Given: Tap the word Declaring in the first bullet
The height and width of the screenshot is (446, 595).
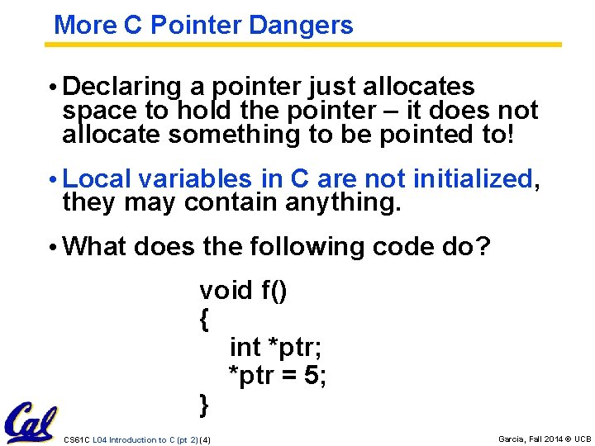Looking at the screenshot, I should click(x=121, y=87).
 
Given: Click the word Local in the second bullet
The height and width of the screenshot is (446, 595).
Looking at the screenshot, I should click(x=98, y=178).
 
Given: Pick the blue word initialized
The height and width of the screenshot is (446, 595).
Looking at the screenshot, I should click(x=474, y=178).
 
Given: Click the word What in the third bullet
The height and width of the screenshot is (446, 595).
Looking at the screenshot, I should click(x=94, y=246).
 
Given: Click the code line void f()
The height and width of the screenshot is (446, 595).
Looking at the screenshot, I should click(x=244, y=291).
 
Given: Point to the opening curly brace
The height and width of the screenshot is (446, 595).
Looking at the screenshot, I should click(x=204, y=320).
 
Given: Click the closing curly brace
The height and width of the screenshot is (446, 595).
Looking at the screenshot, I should click(x=204, y=405).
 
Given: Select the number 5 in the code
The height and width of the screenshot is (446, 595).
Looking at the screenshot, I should click(x=312, y=376).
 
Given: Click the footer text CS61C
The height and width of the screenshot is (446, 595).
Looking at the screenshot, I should click(x=76, y=439).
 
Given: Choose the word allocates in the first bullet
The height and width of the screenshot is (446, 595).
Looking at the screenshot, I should click(x=427, y=87).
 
